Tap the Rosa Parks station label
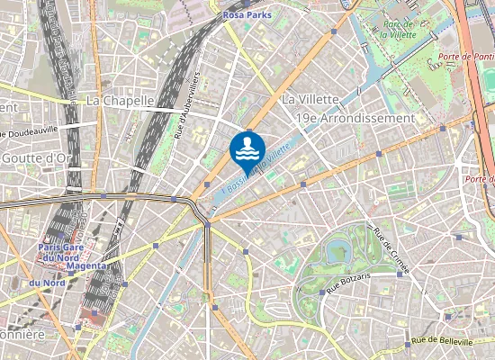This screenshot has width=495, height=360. click(247, 14)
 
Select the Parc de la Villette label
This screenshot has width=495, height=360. click(397, 30)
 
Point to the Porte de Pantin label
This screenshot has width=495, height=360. click(465, 57)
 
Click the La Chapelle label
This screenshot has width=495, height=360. click(121, 101)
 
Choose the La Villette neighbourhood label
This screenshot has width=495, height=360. click(310, 98)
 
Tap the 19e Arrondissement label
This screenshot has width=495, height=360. click(355, 118)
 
